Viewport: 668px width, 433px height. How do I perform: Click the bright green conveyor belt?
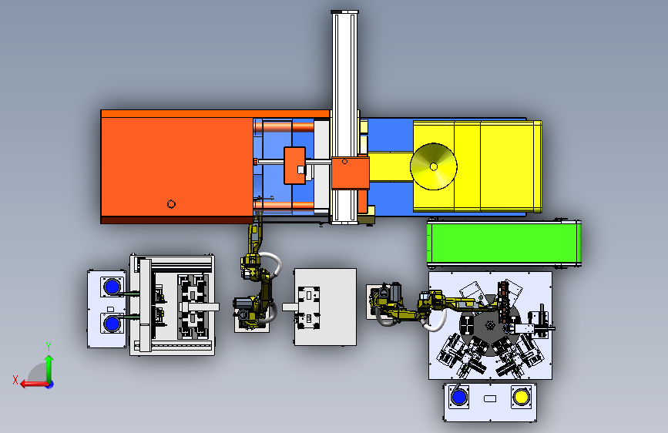click(505, 243)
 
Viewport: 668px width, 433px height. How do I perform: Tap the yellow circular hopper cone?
click(434, 166)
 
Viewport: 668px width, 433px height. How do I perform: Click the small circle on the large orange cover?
click(171, 204)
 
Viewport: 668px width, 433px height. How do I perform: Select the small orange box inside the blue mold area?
click(294, 166)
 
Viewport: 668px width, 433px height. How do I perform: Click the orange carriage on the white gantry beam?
click(351, 173)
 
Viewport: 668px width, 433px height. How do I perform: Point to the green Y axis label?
click(49, 347)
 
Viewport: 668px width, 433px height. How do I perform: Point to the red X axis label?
click(15, 380)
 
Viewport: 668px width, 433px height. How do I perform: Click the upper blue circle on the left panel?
click(112, 287)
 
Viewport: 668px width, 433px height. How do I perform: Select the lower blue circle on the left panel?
click(112, 324)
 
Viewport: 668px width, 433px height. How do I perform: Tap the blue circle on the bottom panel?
click(459, 398)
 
